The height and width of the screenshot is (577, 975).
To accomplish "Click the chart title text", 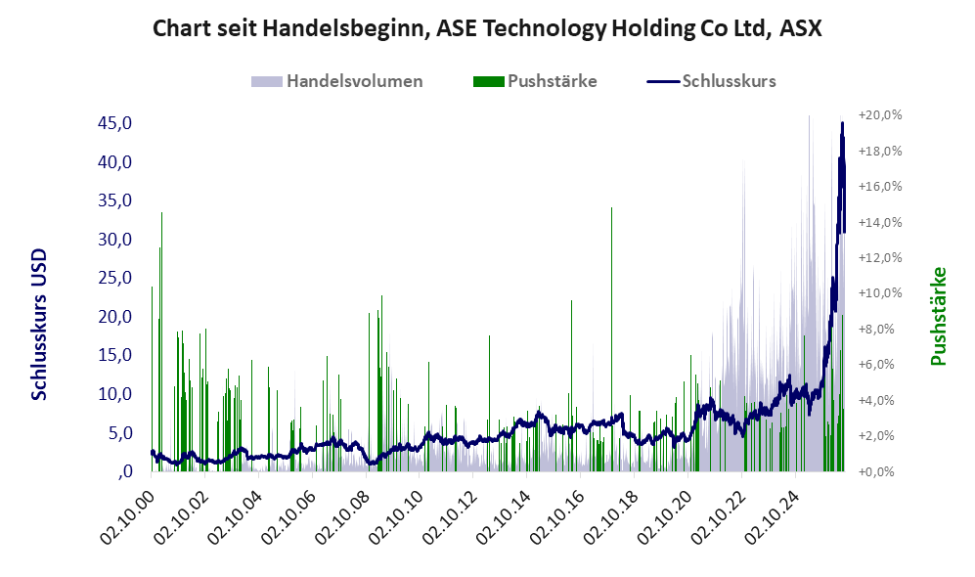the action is click(487, 28).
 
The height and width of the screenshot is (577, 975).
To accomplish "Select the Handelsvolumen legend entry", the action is click(336, 81).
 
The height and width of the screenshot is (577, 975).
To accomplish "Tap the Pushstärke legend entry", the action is click(535, 81).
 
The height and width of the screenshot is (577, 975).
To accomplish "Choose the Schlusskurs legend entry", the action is click(711, 81).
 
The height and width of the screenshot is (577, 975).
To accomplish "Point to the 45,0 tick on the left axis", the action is click(115, 123).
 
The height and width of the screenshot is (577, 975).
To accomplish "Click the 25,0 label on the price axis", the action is click(115, 278).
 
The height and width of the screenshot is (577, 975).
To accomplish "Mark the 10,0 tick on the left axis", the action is click(115, 393).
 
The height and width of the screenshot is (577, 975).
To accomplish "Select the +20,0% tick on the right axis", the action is click(880, 115).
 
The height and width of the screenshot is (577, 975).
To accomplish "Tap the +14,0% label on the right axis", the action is click(880, 222).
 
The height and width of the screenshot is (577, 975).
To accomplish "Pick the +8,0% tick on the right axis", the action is click(880, 329).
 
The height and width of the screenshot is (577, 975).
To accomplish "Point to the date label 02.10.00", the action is click(126, 517).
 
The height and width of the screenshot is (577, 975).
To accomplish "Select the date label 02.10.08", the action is click(341, 517).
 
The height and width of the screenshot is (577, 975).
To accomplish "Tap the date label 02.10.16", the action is click(555, 517).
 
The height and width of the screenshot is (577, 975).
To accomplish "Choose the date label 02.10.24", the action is click(771, 517).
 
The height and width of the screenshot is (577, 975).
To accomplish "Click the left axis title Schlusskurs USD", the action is click(39, 325).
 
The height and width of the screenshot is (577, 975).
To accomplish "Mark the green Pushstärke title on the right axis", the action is click(938, 317).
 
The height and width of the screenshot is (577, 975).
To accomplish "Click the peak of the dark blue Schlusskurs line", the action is click(843, 123).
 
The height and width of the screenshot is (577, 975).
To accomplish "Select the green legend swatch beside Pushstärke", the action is click(488, 81).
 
